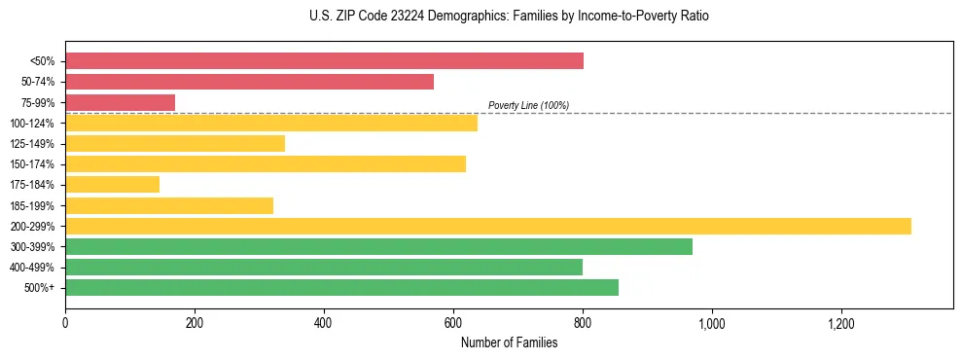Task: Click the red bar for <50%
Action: pyautogui.click(x=324, y=60)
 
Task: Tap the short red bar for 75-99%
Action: pyautogui.click(x=120, y=102)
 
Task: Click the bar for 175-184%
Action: pyautogui.click(x=112, y=184)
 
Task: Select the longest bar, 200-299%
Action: pyautogui.click(x=488, y=226)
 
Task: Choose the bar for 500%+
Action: pyautogui.click(x=341, y=287)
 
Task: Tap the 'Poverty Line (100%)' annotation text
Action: pyautogui.click(x=528, y=105)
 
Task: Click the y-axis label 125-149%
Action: pyautogui.click(x=33, y=144)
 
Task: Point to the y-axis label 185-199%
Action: pyautogui.click(x=33, y=205)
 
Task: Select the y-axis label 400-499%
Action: pyautogui.click(x=33, y=268)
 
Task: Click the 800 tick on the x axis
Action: pyautogui.click(x=583, y=323)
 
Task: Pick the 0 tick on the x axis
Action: pyautogui.click(x=65, y=323)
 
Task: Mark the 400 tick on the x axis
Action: pyautogui.click(x=324, y=323)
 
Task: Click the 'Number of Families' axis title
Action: pyautogui.click(x=509, y=343)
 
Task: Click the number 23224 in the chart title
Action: pyautogui.click(x=386, y=17)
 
